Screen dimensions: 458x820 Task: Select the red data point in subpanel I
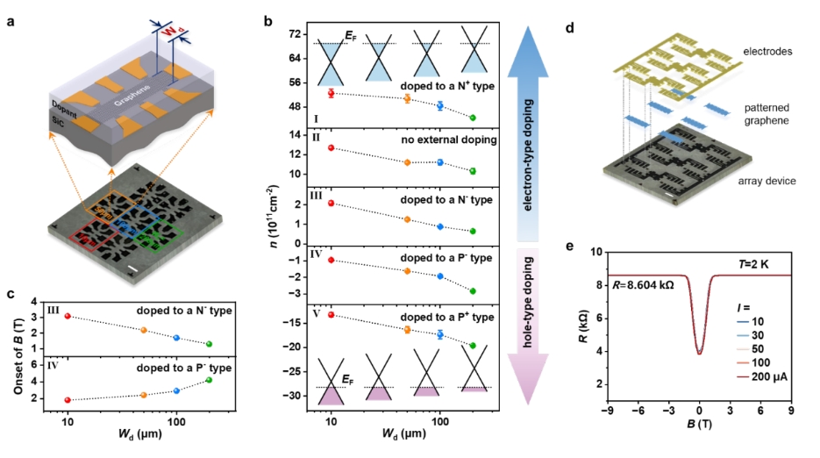tap(331, 93)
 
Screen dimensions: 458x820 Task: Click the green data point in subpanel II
tap(473, 171)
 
